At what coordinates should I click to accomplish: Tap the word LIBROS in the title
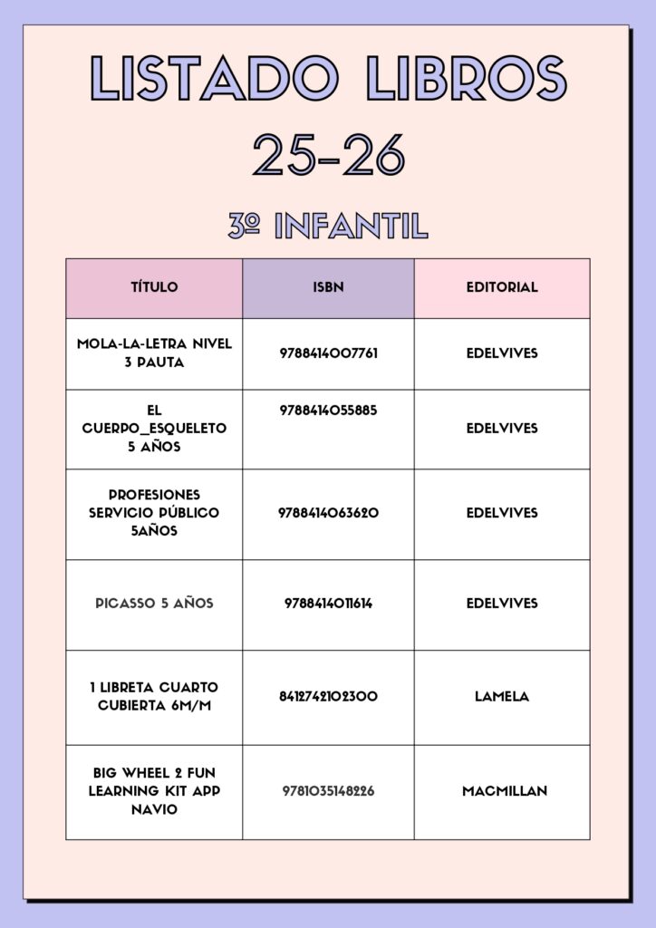click(x=467, y=78)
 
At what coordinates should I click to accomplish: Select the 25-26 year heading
click(x=328, y=155)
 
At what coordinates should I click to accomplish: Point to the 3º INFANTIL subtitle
click(x=328, y=226)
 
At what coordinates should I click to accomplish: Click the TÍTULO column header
click(x=154, y=287)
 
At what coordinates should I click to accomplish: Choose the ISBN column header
click(x=328, y=287)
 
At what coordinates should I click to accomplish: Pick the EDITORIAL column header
click(x=502, y=287)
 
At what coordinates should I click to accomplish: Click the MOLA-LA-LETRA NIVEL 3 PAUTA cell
click(x=154, y=353)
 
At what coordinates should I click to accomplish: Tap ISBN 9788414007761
click(x=328, y=353)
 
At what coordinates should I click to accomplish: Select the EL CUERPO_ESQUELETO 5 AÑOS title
click(x=154, y=428)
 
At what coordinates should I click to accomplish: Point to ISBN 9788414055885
click(x=328, y=411)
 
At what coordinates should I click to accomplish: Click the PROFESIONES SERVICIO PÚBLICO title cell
click(x=154, y=513)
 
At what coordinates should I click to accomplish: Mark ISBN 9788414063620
click(x=328, y=513)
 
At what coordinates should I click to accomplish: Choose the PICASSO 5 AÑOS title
click(x=154, y=604)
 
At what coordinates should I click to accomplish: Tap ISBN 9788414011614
click(x=328, y=604)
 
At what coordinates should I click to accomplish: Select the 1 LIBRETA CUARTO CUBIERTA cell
click(x=154, y=696)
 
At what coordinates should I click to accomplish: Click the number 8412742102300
click(x=328, y=696)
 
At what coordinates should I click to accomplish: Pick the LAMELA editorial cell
click(x=502, y=696)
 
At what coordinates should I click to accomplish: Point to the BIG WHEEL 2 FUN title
click(x=154, y=790)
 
